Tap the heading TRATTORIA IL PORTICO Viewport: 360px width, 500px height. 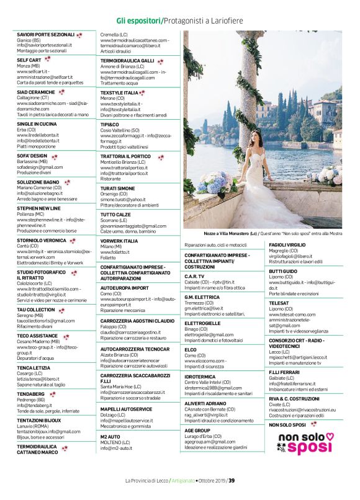(125, 157)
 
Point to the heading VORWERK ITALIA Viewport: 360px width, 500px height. (119, 241)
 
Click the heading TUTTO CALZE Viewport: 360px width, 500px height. (115, 215)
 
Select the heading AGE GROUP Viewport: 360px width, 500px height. (197, 430)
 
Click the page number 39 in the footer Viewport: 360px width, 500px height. (231, 481)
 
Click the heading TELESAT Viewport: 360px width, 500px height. (279, 303)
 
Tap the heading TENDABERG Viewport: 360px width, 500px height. (30, 394)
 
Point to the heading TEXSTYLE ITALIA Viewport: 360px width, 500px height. (120, 92)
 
